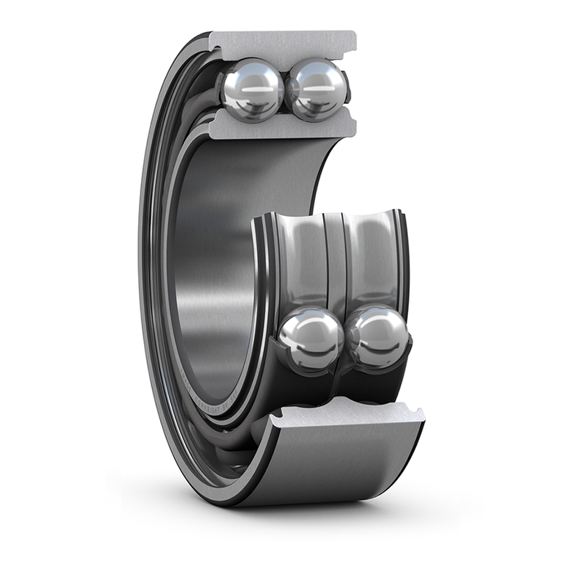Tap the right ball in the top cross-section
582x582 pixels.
(316, 89)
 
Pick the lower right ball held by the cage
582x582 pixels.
(378, 336)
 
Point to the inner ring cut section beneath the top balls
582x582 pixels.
(284, 128)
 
